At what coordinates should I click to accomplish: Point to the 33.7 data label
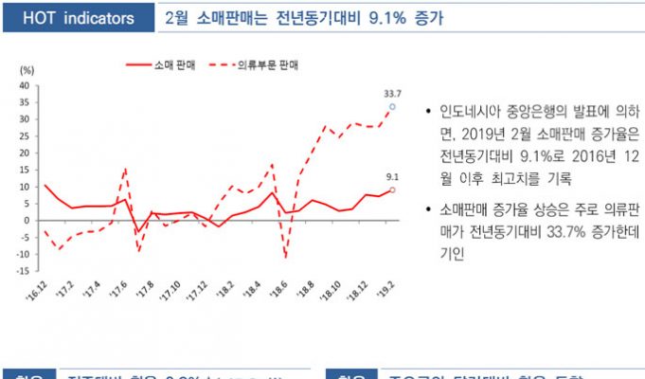pyautogui.click(x=392, y=94)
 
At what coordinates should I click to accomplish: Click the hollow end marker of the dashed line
pyautogui.click(x=392, y=107)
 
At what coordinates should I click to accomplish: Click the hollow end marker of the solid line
pyautogui.click(x=392, y=190)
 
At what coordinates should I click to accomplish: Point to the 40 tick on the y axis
pyautogui.click(x=25, y=85)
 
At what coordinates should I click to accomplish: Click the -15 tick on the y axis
pyautogui.click(x=23, y=271)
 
